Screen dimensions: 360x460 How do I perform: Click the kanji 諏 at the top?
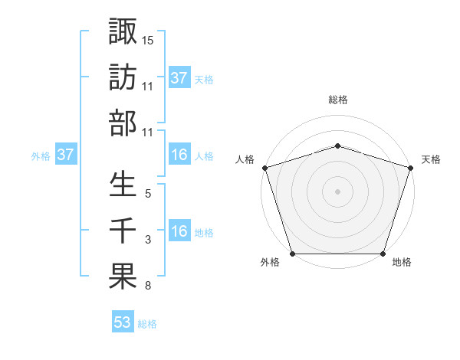123,31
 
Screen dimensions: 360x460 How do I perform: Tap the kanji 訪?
123,77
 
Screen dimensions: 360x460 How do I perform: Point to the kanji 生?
123,185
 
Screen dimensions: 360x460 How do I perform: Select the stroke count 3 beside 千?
148,241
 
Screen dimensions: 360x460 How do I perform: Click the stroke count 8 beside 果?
148,286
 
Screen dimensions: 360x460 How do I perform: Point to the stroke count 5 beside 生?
148,195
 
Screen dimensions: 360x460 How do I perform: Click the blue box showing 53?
123,322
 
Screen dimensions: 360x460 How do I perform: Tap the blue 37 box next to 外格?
66,155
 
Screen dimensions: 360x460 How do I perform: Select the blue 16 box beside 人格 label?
179,155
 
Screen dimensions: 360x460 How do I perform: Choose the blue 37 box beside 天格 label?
179,77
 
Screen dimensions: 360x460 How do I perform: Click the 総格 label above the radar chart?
337,100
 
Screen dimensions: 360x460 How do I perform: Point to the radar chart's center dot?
337,191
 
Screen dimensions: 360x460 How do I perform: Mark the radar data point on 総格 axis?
337,146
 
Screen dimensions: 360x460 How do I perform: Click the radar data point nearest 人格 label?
264,168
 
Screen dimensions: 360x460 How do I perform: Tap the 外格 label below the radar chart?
270,263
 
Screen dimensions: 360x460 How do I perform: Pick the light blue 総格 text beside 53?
147,324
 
